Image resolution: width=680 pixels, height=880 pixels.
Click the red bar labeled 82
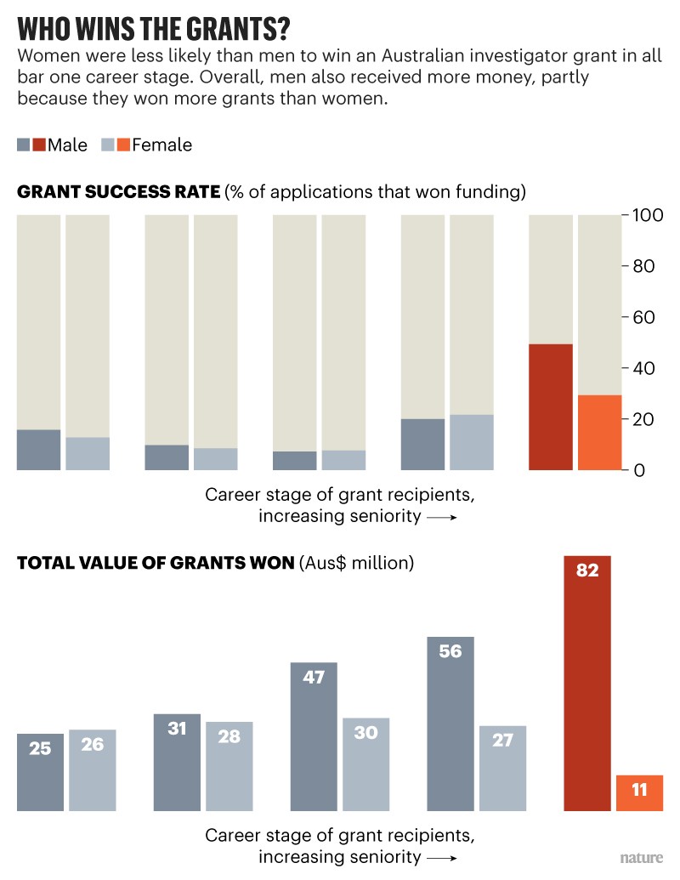587,684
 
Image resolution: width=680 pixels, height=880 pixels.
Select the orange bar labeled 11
640,792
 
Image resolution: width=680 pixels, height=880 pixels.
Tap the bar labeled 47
314,736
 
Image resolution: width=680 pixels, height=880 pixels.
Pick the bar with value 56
450,724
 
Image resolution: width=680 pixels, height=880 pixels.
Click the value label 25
40,749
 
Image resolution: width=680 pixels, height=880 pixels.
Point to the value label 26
93,745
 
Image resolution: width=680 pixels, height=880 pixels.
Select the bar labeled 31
177,762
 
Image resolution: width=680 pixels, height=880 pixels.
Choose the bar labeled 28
229,766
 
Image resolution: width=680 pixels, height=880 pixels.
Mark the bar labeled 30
365,764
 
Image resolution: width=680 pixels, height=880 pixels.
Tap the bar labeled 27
502,768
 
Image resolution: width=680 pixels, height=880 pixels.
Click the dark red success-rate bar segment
551,407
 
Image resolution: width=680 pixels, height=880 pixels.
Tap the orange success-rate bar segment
600,433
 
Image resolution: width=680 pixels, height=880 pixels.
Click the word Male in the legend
67,145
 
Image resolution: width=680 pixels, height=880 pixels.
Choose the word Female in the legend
161,145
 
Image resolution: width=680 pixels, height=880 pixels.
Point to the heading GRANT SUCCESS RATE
118,192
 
